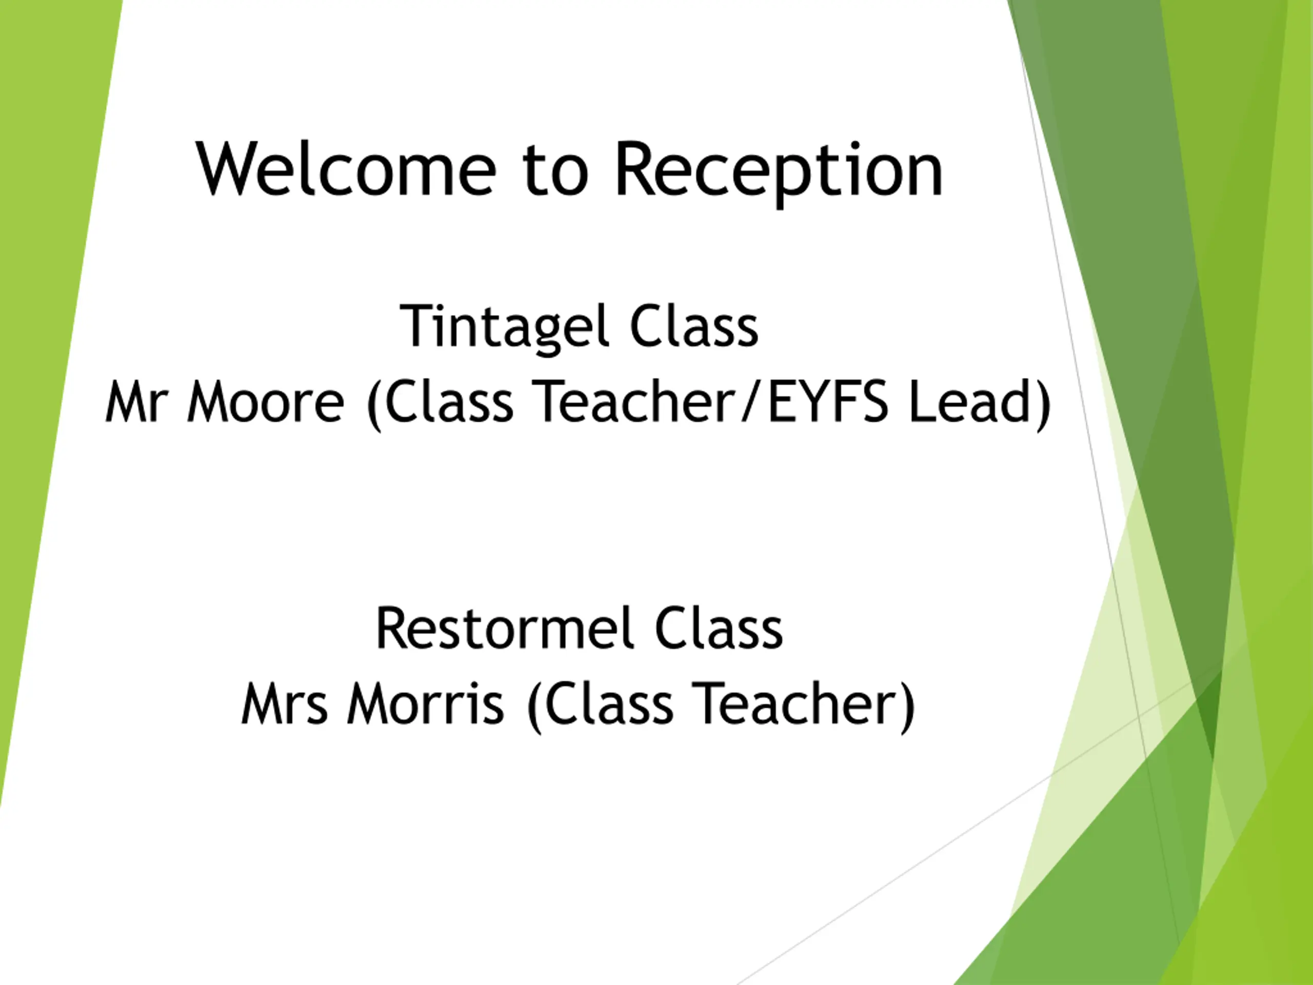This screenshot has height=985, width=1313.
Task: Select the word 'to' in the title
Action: [x=555, y=171]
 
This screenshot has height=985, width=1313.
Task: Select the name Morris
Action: [x=426, y=703]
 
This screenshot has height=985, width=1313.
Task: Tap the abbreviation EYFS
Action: [x=828, y=402]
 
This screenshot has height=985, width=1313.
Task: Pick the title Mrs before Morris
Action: [x=284, y=703]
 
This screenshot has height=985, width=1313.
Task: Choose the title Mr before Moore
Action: [x=133, y=402]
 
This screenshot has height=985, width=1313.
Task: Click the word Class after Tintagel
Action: [x=694, y=327]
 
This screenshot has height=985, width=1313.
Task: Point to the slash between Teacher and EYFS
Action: [x=752, y=402]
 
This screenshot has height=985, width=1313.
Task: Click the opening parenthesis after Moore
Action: [x=374, y=404]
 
